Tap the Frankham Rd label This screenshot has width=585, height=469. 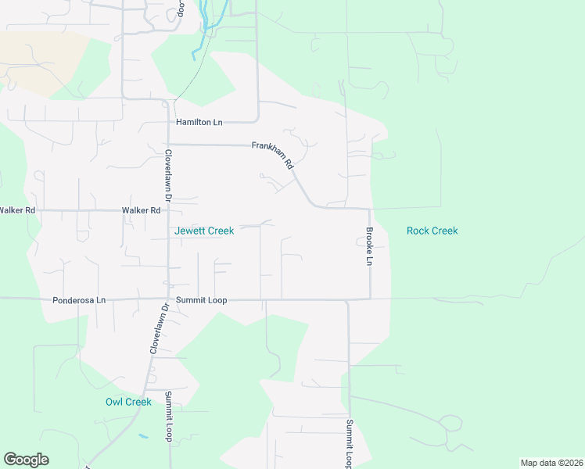[x=271, y=156]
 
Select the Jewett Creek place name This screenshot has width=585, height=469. [x=203, y=231]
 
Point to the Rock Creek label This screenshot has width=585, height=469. [x=432, y=231]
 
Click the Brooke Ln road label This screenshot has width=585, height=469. [x=369, y=246]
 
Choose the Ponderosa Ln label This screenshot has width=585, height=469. [x=78, y=299]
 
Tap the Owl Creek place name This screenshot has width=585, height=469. [x=128, y=402]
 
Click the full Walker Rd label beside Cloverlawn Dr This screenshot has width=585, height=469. [x=141, y=210]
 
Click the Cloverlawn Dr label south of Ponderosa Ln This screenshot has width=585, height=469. [x=155, y=329]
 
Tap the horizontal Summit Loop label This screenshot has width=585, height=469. [x=201, y=299]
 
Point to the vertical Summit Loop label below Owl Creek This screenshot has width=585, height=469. [x=168, y=417]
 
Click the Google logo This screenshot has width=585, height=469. [x=26, y=460]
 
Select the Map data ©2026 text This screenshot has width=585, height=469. [x=551, y=463]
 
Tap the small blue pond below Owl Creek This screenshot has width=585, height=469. [x=142, y=435]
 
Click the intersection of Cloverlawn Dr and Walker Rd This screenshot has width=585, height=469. [x=168, y=210]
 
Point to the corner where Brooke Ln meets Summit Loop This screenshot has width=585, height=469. [x=369, y=298]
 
